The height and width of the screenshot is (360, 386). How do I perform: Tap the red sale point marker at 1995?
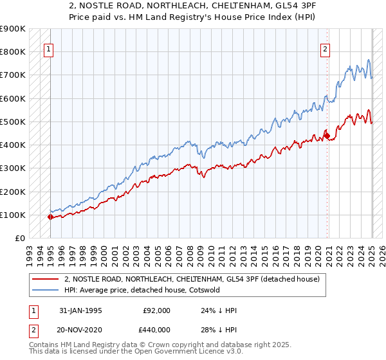(x=50, y=217)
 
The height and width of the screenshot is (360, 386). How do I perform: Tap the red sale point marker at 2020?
(x=327, y=135)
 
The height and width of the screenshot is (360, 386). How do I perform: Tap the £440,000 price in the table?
(x=156, y=329)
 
